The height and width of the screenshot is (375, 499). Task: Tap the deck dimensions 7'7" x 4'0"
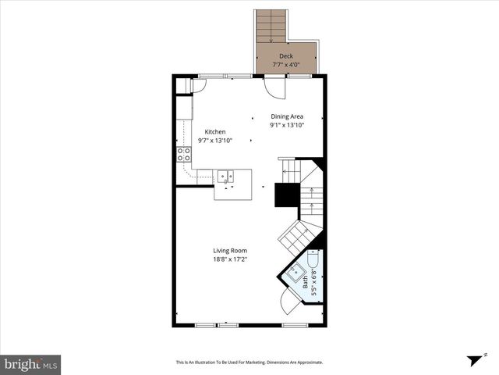pos(286,65)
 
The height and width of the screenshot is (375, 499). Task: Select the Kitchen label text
pos(215,131)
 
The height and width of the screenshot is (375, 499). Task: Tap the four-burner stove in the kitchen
pos(184,154)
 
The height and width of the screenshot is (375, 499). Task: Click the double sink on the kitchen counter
pos(225,177)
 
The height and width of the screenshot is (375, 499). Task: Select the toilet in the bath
pos(314,260)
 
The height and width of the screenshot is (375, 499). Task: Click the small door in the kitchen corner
pos(194,85)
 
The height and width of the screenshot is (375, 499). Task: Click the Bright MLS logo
pos(30,363)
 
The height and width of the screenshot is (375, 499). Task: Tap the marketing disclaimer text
pos(249,362)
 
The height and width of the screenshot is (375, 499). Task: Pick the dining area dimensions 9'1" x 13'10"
pos(286,124)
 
